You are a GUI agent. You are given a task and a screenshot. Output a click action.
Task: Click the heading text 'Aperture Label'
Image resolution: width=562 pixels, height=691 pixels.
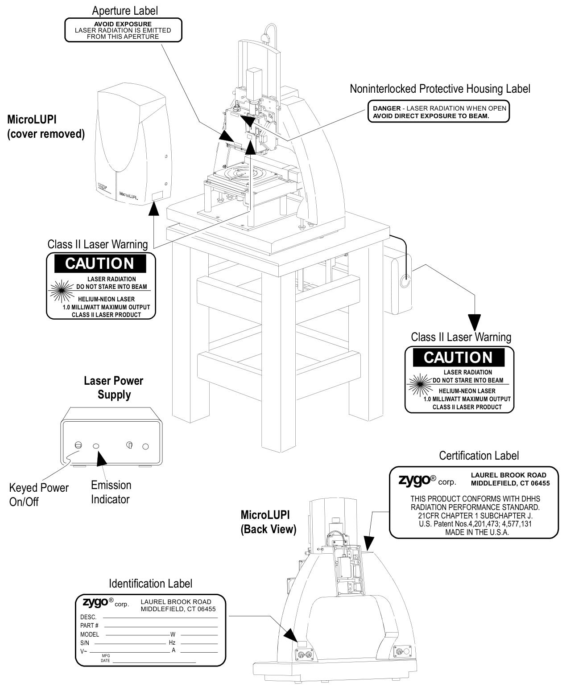pyautogui.click(x=124, y=10)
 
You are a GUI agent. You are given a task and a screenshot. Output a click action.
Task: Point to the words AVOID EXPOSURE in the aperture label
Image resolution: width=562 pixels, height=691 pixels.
pyautogui.click(x=123, y=24)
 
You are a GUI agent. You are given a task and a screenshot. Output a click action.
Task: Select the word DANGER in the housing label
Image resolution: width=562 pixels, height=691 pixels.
pyautogui.click(x=386, y=108)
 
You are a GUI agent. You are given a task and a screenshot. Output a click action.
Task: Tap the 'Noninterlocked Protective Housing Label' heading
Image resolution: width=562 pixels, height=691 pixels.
pyautogui.click(x=440, y=89)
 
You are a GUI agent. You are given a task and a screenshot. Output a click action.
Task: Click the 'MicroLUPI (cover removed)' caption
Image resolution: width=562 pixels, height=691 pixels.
pyautogui.click(x=46, y=127)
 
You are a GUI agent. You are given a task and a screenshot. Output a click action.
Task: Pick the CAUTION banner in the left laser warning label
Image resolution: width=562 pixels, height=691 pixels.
pyautogui.click(x=99, y=263)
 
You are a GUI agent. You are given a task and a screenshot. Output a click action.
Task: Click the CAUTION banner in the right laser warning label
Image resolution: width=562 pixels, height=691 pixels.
pyautogui.click(x=458, y=357)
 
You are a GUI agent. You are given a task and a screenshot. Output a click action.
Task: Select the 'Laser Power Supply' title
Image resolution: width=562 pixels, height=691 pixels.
pyautogui.click(x=114, y=387)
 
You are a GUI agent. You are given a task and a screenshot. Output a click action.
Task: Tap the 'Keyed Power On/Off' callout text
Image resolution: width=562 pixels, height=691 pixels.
pyautogui.click(x=39, y=494)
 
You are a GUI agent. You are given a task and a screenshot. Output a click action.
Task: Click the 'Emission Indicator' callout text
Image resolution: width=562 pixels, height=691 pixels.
pyautogui.click(x=111, y=492)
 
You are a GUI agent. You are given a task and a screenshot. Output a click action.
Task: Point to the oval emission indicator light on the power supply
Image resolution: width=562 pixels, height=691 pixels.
pyautogui.click(x=96, y=446)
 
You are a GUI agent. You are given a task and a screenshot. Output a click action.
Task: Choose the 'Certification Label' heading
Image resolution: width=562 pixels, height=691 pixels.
pyautogui.click(x=479, y=456)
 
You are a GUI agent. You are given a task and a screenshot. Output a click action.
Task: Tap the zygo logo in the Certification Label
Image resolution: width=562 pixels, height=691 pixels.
pyautogui.click(x=414, y=480)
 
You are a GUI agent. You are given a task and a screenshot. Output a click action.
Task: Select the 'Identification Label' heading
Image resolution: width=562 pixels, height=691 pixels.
pyautogui.click(x=151, y=584)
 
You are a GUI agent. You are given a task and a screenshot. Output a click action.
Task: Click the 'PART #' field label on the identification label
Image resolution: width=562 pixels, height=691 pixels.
pyautogui.click(x=90, y=626)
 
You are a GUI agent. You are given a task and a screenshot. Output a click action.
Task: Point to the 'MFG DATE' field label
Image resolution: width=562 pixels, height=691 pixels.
pyautogui.click(x=106, y=658)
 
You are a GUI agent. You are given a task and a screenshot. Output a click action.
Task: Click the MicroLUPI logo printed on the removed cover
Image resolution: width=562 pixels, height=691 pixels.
pyautogui.click(x=128, y=194)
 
